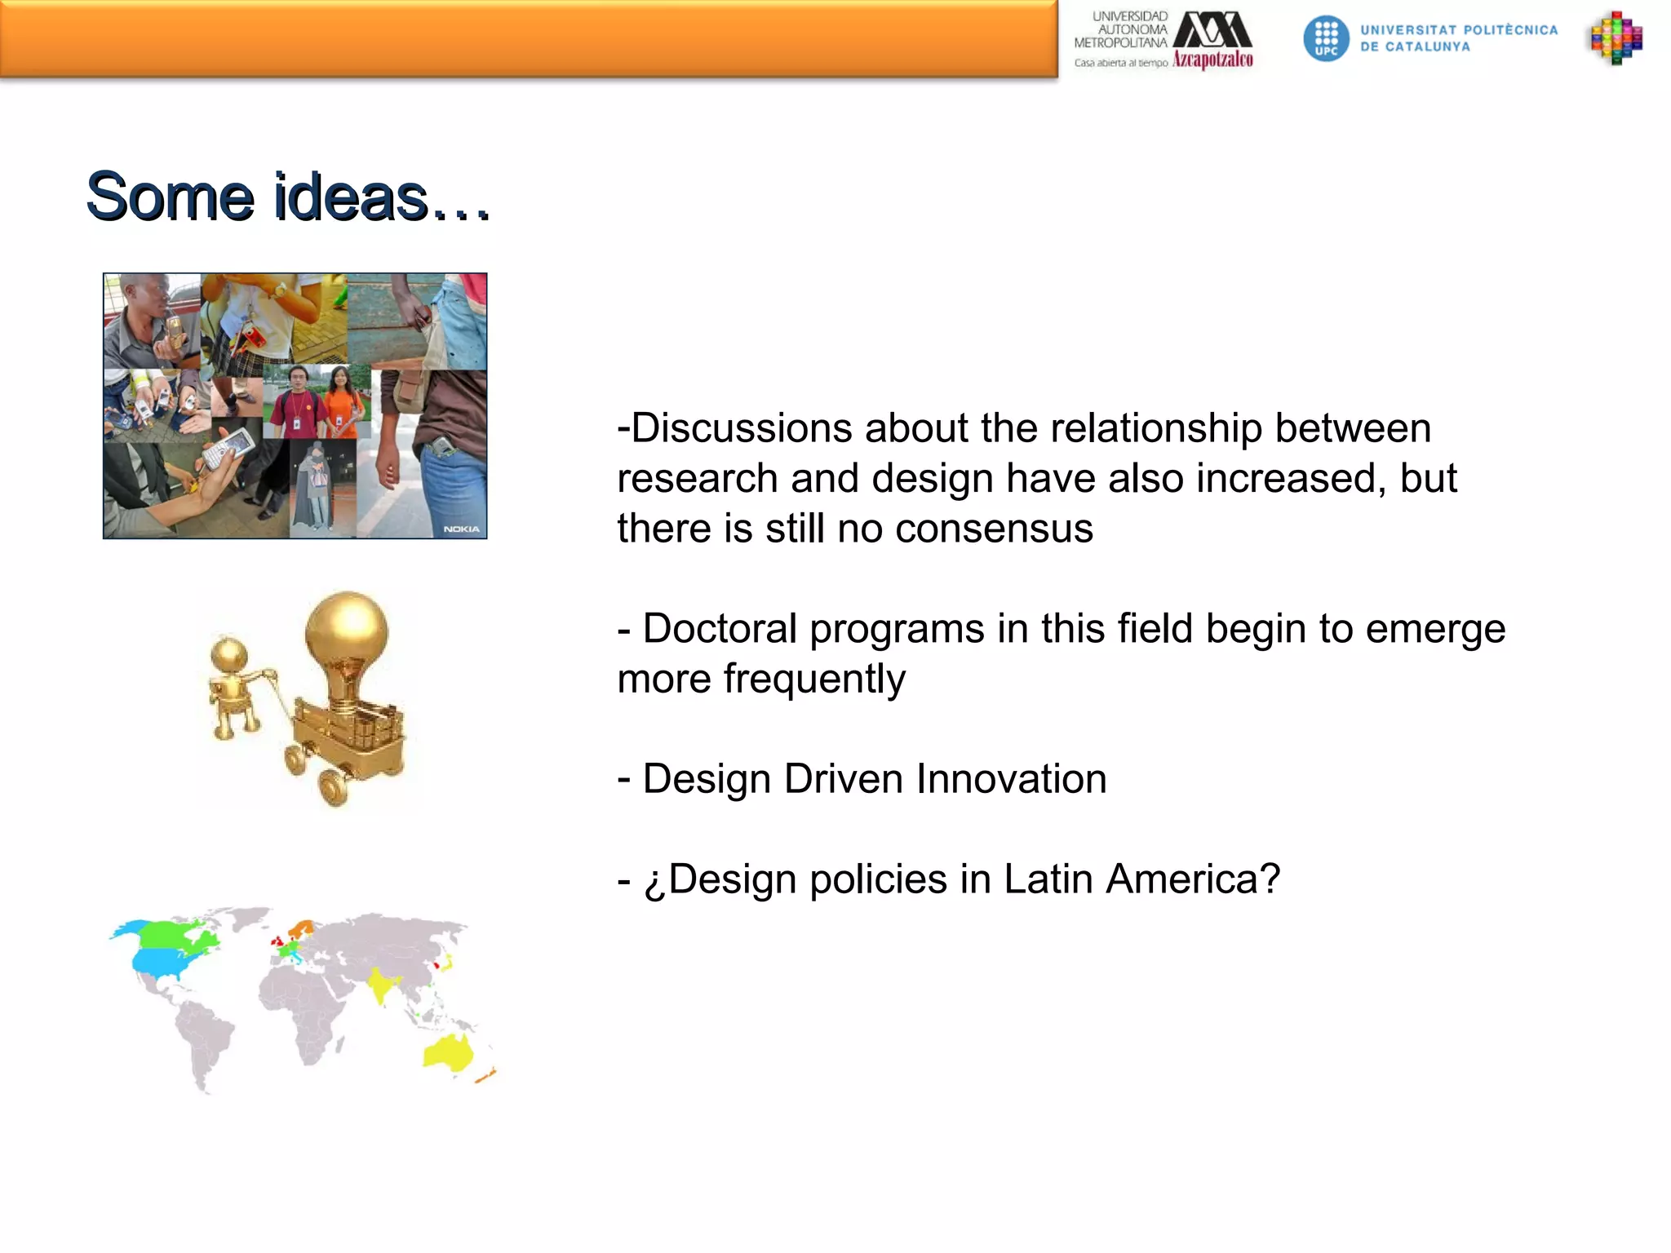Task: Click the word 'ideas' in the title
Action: click(x=351, y=197)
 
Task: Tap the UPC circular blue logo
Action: click(x=1326, y=38)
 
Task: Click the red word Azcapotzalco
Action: click(x=1212, y=60)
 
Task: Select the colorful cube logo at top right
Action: click(x=1616, y=38)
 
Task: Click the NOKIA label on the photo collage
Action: click(x=462, y=529)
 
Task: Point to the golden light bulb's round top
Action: click(x=347, y=628)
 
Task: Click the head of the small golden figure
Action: click(x=228, y=653)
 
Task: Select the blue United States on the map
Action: click(x=171, y=963)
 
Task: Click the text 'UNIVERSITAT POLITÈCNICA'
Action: click(x=1459, y=30)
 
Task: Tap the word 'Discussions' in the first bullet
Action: click(x=742, y=428)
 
